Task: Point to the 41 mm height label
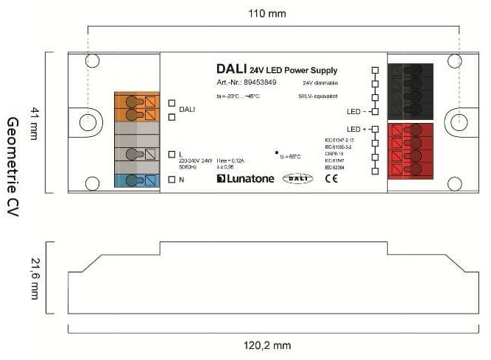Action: [x=33, y=122]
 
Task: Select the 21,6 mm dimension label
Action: [x=33, y=278]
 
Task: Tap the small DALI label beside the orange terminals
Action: [x=187, y=110]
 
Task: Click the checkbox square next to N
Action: [x=171, y=179]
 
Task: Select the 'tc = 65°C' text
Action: [x=292, y=156]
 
